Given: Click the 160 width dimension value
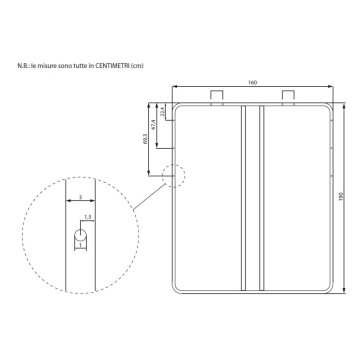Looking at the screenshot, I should click(254, 80).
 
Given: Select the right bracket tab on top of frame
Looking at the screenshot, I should click(290, 95).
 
